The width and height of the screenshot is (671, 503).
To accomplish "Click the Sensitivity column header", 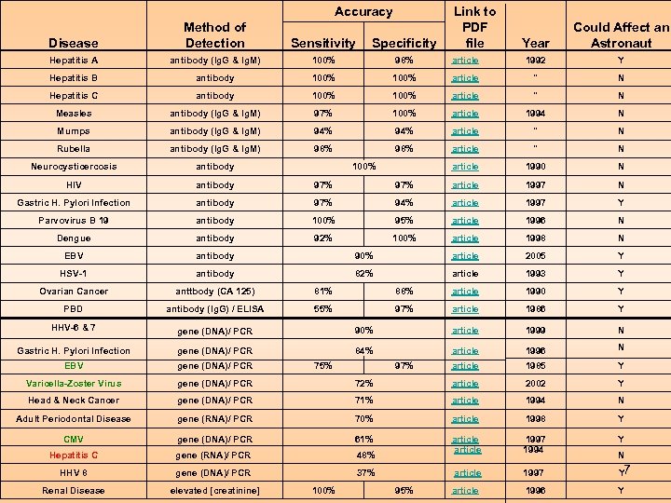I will pos(322,43).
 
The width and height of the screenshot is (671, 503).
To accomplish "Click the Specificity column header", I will pos(404,43).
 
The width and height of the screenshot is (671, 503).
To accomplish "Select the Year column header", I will pos(536,43).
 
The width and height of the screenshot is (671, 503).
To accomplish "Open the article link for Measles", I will pos(465,114).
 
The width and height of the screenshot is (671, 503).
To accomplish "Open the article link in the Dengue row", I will pos(465,238).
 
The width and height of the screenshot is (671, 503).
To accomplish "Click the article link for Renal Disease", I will pos(465,491).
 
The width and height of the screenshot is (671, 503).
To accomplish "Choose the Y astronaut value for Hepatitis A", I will pos(621,61).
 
